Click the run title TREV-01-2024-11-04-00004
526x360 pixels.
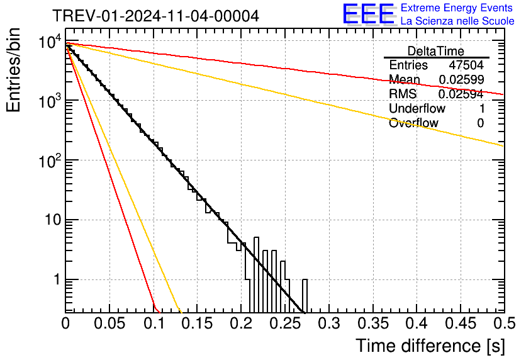click(155, 16)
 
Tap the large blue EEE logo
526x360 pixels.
click(368, 14)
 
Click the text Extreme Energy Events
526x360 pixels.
click(457, 8)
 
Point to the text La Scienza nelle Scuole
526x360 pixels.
click(457, 21)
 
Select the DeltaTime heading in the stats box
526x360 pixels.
click(436, 51)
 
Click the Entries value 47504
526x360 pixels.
click(466, 65)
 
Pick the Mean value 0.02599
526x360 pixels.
click(461, 79)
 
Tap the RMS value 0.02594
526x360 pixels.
click(461, 94)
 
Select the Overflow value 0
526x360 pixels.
click(481, 123)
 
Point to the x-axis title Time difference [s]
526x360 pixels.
click(430, 346)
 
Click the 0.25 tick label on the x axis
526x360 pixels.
click(284, 324)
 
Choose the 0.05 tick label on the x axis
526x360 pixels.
click(109, 324)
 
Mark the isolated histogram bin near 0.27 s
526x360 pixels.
click(305, 295)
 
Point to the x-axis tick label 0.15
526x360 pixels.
click(197, 324)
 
